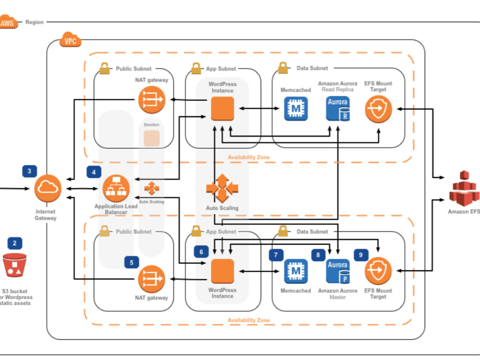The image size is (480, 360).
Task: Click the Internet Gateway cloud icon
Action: (48, 188)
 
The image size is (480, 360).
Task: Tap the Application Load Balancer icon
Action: (116, 189)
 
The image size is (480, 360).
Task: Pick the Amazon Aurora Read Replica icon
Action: (338, 108)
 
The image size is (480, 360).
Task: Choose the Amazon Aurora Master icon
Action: (338, 271)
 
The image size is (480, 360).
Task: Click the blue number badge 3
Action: (30, 171)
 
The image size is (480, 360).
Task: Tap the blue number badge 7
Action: (276, 255)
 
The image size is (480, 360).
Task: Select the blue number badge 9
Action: (361, 255)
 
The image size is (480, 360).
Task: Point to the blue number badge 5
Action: (132, 263)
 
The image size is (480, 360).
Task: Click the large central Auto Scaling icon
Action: (222, 188)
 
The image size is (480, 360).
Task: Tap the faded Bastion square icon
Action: (151, 138)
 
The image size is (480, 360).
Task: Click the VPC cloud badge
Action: (70, 41)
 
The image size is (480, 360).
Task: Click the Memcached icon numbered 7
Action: (295, 271)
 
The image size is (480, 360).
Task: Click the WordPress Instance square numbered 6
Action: (222, 271)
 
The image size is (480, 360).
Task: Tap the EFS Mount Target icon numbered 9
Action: (378, 271)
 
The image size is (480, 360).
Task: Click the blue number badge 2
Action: (14, 243)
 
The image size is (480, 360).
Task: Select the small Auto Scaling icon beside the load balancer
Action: (151, 188)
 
